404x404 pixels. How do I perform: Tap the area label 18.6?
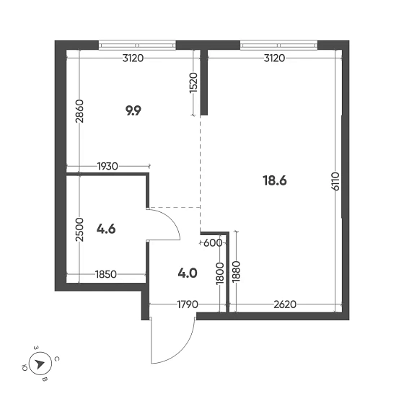(x=275, y=180)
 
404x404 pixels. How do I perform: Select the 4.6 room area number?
(x=106, y=229)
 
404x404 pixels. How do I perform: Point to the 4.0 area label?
(x=188, y=273)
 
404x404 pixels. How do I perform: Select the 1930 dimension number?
(x=108, y=167)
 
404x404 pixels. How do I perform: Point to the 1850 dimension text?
(x=107, y=275)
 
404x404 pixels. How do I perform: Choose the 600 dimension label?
(x=214, y=242)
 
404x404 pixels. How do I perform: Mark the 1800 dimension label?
(x=220, y=275)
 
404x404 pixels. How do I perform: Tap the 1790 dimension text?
(x=187, y=305)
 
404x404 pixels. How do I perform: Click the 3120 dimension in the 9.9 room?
(x=133, y=58)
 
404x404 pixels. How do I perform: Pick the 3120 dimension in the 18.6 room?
(x=275, y=58)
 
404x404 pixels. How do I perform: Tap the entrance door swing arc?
(x=189, y=343)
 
